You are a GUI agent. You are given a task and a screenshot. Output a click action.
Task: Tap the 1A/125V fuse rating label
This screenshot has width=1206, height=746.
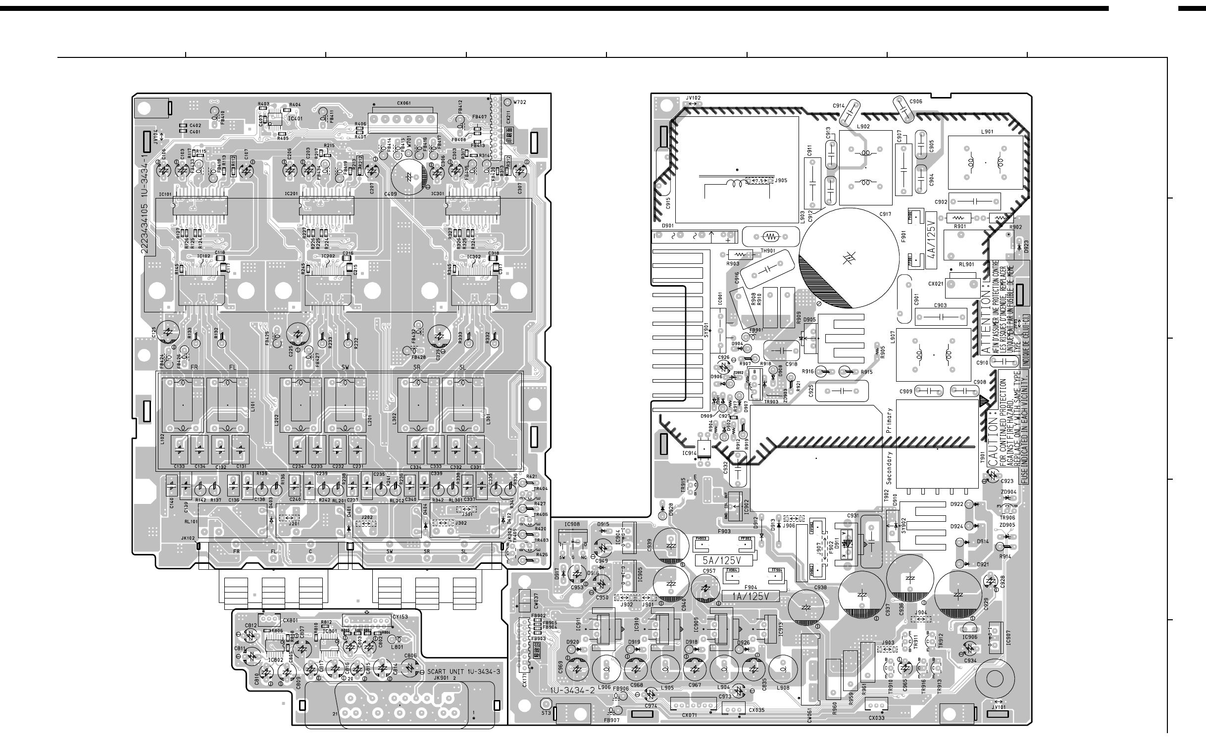click(x=751, y=597)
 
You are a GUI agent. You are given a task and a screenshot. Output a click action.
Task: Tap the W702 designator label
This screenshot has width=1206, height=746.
click(x=520, y=102)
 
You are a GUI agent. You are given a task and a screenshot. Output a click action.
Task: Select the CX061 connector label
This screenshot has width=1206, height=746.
click(x=404, y=103)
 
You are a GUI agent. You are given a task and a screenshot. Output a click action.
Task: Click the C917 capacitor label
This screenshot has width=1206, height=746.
click(x=885, y=214)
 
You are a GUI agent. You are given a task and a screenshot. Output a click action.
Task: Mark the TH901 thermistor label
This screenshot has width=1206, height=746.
click(x=767, y=251)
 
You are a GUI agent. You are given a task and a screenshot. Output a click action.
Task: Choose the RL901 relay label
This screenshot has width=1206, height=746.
click(x=966, y=264)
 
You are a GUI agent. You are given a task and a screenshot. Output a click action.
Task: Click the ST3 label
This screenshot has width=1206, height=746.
click(x=546, y=713)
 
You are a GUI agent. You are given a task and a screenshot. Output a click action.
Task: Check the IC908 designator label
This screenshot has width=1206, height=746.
click(x=572, y=524)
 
